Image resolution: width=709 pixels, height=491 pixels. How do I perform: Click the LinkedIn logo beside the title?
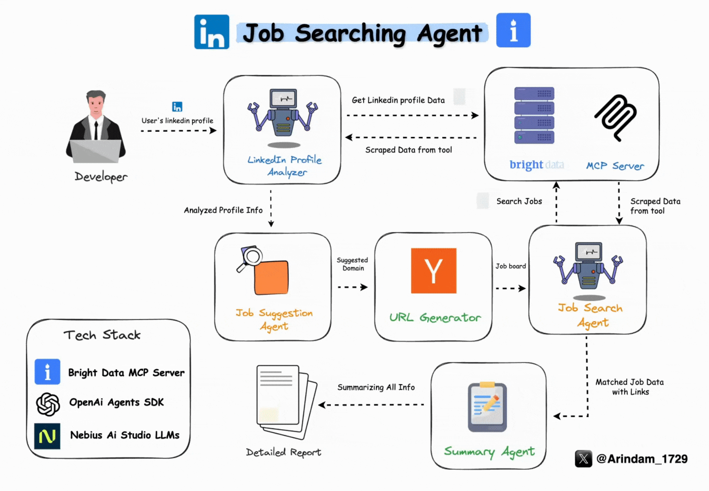pos(211,31)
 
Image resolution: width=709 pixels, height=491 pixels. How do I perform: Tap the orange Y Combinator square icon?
pos(434,271)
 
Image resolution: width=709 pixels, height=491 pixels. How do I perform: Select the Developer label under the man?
pos(101,176)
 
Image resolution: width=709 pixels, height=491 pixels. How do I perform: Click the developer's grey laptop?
pos(96,150)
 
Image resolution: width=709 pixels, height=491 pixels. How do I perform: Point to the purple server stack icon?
pos(534,115)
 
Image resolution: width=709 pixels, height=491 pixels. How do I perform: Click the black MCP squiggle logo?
pos(616,117)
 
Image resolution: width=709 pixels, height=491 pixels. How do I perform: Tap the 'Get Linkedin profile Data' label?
pos(398,100)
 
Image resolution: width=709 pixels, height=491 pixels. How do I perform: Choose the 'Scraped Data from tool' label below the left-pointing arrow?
pos(409,150)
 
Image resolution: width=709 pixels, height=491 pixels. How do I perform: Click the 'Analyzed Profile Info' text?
pos(223,210)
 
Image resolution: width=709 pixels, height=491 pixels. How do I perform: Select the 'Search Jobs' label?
pos(519,201)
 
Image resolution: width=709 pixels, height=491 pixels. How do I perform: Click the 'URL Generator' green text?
pos(435,317)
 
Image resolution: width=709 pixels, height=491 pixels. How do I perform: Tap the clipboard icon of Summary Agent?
pos(487,406)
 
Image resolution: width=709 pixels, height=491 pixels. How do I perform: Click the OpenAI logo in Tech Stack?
pos(48,404)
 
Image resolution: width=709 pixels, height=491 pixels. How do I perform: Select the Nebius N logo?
pos(47,436)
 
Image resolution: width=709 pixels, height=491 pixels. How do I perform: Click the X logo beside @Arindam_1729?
pos(584,459)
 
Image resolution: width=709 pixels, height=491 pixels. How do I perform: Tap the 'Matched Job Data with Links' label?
pos(630,387)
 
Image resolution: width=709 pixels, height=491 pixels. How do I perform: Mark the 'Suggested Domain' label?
pos(353,264)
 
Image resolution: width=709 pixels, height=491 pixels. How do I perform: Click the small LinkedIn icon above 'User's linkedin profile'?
pos(177,107)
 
